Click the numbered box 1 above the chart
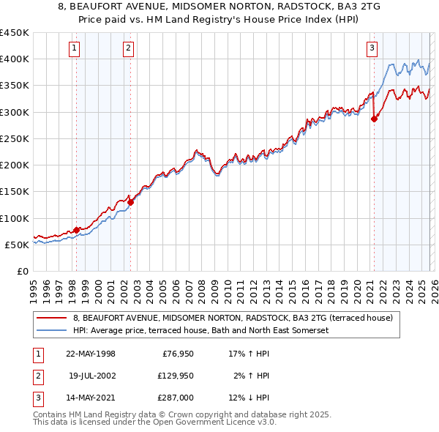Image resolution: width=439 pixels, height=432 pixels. (x=75, y=49)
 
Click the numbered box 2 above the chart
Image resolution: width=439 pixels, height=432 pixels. (x=128, y=49)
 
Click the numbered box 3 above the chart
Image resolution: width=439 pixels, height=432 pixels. (x=372, y=49)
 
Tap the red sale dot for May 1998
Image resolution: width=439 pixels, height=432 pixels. (x=76, y=230)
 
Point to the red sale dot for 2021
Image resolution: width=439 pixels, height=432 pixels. (x=374, y=119)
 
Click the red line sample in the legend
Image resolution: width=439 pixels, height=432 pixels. (x=52, y=318)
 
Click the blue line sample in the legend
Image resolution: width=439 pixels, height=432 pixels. (x=52, y=330)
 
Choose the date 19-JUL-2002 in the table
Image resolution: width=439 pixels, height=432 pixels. (x=92, y=376)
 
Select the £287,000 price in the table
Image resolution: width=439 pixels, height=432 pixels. (x=176, y=398)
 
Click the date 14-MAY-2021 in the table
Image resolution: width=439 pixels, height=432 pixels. (x=92, y=398)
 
